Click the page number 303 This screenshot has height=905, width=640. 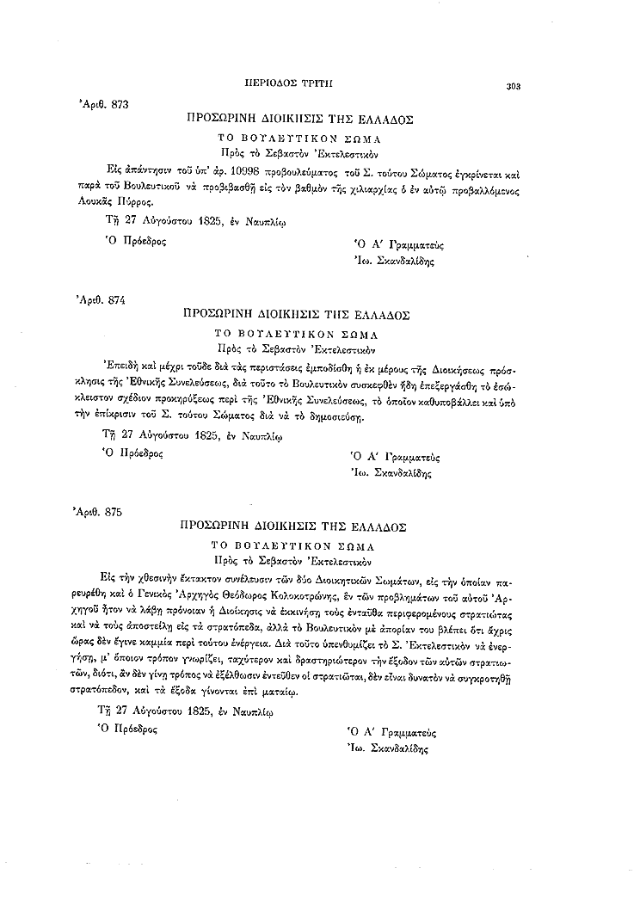coord(515,85)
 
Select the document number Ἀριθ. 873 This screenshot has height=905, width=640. coord(103,104)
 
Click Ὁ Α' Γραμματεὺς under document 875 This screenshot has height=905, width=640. coord(391,733)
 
